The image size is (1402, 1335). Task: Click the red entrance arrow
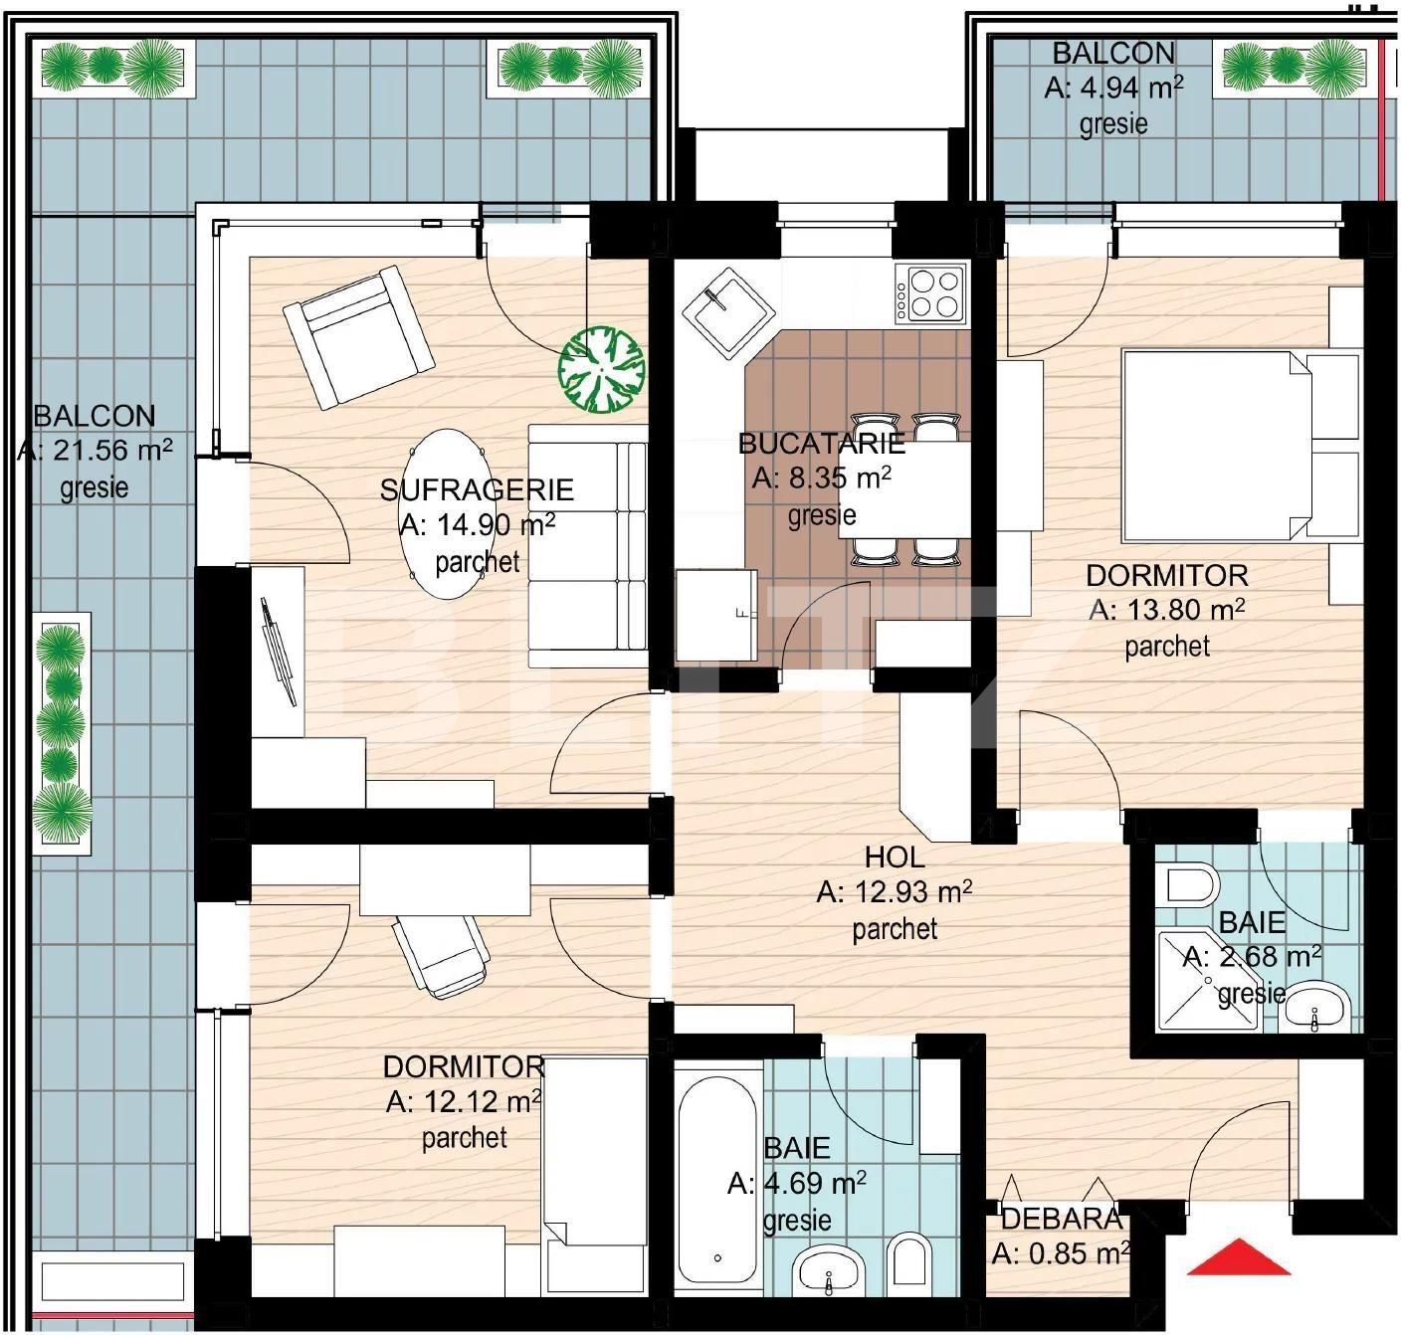point(1239,1258)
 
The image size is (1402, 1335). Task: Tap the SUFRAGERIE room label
point(477,489)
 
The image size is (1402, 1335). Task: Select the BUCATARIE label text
point(821,443)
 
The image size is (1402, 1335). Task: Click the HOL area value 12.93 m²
point(894,892)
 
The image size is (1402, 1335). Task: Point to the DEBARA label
point(1061,1219)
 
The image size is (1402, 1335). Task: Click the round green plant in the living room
point(601,370)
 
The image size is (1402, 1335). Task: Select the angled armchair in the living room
point(357,336)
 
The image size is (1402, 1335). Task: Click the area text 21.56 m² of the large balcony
point(95,451)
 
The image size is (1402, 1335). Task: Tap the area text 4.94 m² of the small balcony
point(1112,88)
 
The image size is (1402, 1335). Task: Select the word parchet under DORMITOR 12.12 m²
point(464,1137)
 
